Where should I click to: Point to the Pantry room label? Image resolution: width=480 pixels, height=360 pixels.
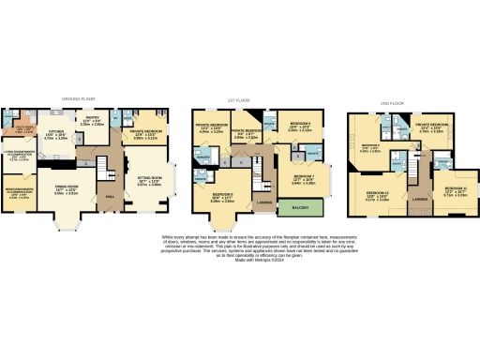[92, 121]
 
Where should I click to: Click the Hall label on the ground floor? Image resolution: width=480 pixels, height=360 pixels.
[111, 197]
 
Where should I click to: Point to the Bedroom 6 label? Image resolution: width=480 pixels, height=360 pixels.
[300, 126]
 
